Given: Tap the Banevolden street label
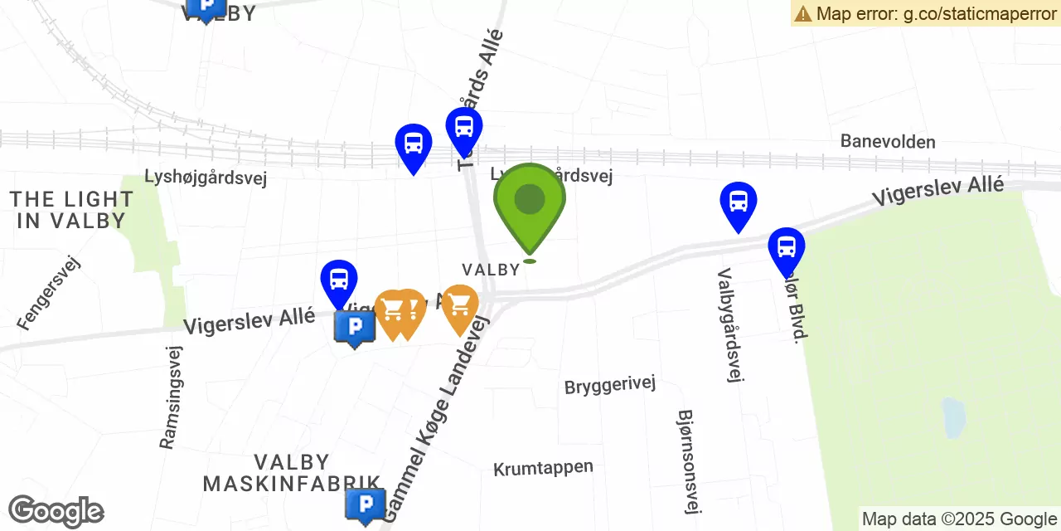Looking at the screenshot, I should pos(888,141).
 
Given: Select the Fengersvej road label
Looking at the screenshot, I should pos(48,293).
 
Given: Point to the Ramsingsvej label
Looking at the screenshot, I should pos(170,397).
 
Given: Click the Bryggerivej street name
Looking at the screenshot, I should pos(610,385).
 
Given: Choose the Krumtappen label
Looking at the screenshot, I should pos(543,468).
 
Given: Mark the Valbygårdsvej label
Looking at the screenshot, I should pos(729,324).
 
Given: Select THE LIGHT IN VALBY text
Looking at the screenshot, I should pos(71,210).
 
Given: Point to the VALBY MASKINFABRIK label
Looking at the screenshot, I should pos(292,473).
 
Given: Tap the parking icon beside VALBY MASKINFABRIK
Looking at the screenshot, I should pos(365,504).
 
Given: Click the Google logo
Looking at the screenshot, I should pos(56,511).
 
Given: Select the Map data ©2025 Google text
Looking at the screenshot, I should pos(959,519).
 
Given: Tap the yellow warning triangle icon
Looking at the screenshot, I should pos(802,13).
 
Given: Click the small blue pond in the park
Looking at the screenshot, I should pos(953,417).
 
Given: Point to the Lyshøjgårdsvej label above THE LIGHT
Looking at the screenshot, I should pos(206,178).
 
